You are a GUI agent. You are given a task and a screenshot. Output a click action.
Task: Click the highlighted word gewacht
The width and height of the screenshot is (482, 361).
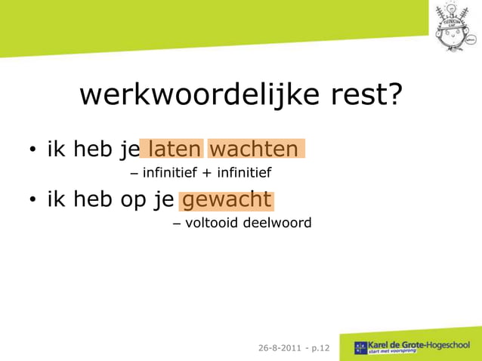227,200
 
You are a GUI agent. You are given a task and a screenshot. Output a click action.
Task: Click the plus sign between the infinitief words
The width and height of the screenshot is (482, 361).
206,174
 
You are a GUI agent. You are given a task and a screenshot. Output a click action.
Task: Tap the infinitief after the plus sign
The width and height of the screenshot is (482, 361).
244,174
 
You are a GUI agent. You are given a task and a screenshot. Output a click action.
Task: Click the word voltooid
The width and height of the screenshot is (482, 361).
214,224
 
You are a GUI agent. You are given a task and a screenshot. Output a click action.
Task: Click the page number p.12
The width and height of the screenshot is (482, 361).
318,348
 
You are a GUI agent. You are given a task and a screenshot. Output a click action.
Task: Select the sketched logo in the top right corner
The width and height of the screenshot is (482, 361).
456,26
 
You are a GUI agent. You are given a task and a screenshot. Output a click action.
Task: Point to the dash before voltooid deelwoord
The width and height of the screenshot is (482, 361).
177,224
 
